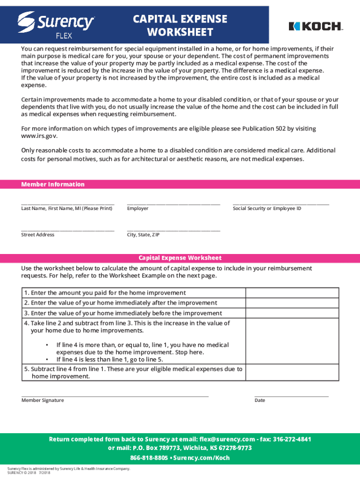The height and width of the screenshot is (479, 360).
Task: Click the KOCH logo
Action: (316, 26)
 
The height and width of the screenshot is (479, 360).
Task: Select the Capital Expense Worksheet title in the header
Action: (180, 25)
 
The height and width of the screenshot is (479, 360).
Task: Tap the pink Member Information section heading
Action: (53, 184)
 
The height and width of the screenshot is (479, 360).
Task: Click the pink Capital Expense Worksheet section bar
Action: (180, 258)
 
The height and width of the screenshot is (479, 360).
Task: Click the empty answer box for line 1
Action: (292, 293)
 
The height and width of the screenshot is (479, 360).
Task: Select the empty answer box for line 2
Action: (292, 303)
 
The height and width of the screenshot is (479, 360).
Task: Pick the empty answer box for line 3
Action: (292, 313)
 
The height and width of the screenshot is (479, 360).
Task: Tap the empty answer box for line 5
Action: (292, 373)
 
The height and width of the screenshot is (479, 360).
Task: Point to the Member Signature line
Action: (115, 396)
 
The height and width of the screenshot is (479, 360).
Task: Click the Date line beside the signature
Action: (291, 396)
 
